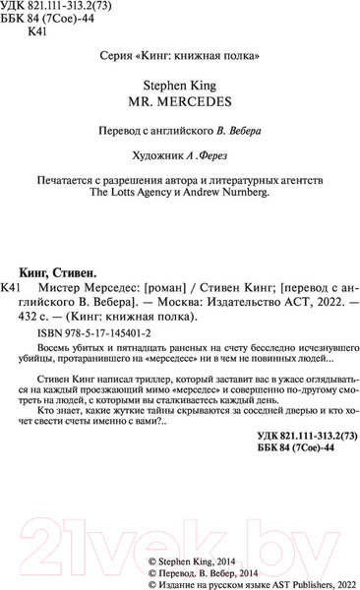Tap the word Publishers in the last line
(x=294, y=581)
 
